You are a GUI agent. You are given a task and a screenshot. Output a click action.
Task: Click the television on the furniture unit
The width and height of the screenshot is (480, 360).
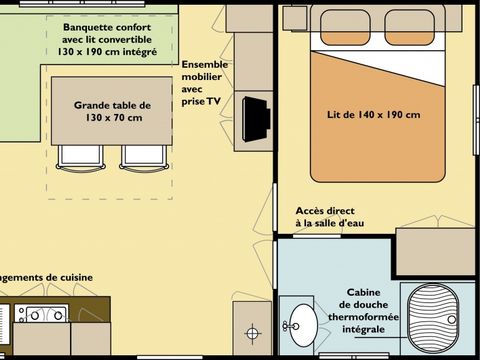click(x=257, y=118)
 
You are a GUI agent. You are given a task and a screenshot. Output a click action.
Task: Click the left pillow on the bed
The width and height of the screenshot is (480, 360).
click(x=344, y=26)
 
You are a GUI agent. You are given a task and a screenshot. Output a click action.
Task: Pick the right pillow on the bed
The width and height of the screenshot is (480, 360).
click(x=411, y=26)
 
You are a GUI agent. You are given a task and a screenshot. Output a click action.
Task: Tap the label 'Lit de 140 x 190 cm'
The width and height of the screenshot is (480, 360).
click(x=373, y=114)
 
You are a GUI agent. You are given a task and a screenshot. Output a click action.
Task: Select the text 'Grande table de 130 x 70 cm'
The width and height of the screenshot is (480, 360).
click(x=112, y=111)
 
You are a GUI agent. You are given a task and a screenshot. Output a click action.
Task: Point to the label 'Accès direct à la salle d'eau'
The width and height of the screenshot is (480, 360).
click(x=329, y=217)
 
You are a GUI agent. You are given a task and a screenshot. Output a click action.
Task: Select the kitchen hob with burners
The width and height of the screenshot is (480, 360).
click(x=41, y=316)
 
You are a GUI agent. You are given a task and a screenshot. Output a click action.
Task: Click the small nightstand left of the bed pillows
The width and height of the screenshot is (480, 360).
click(x=294, y=17)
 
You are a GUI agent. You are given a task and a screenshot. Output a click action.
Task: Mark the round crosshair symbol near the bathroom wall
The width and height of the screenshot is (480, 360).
click(x=253, y=332)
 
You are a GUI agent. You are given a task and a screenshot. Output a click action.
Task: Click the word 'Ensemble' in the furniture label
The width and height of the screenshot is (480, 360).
click(x=205, y=64)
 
